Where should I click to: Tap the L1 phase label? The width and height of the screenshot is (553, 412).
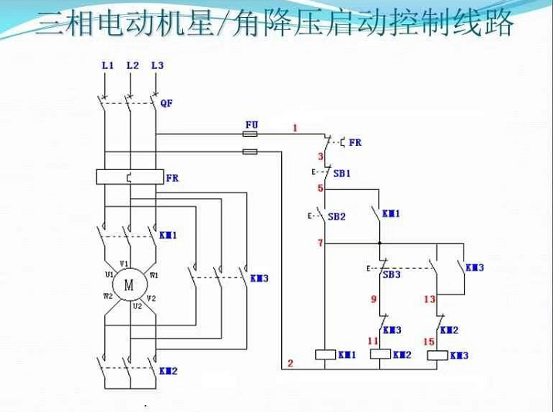[x=107, y=66]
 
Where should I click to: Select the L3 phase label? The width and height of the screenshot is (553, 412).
[x=157, y=66]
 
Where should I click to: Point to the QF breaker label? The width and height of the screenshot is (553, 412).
[x=166, y=103]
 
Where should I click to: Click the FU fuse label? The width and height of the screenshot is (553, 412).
[x=251, y=124]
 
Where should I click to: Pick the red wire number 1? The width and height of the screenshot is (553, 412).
[x=294, y=127]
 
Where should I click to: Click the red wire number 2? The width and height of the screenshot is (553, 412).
[x=290, y=363]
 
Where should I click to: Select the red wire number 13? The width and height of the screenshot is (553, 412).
[x=429, y=298]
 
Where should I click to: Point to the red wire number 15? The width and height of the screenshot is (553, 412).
[x=429, y=341]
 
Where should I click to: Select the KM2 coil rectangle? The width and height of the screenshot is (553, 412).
[x=381, y=355]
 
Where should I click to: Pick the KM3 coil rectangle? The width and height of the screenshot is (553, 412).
[x=437, y=355]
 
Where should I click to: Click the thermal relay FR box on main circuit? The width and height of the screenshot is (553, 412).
[x=129, y=177]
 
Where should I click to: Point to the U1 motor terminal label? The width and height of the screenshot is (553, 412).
[x=110, y=274]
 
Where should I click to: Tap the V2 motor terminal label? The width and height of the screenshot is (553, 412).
[x=152, y=298]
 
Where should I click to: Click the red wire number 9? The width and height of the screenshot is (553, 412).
[x=373, y=298]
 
